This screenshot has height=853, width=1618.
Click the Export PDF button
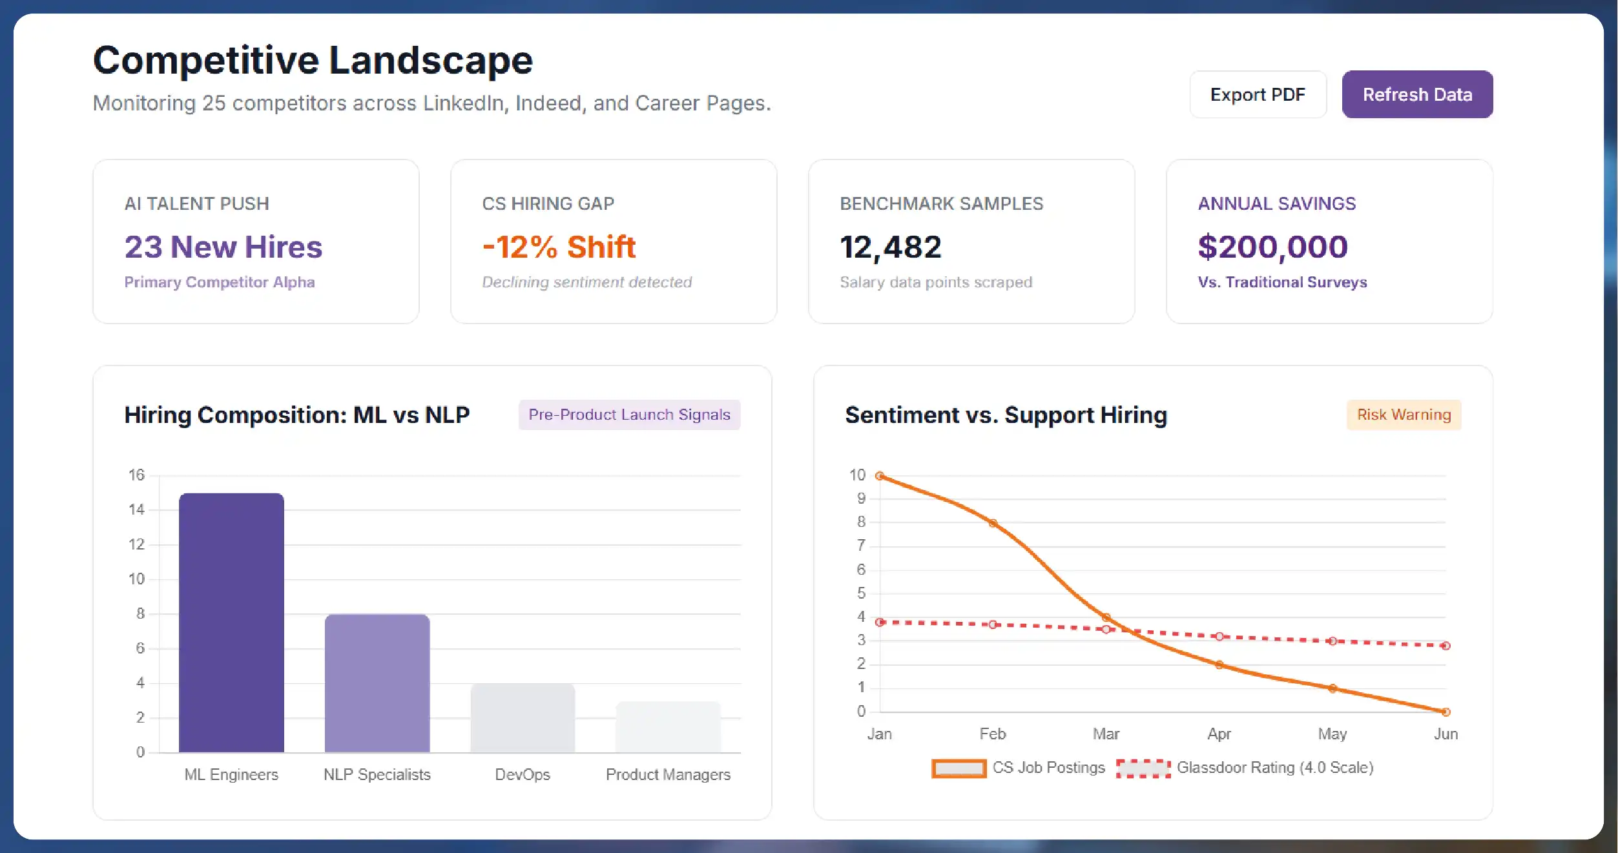1258,95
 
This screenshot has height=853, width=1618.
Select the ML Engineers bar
231,622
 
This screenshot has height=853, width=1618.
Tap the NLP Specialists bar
377,683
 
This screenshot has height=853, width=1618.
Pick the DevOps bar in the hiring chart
523,718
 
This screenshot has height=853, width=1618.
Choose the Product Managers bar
668,727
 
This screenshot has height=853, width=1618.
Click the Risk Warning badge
1404,415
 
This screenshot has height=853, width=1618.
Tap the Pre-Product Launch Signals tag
629,415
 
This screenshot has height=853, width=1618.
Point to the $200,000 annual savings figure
1272,247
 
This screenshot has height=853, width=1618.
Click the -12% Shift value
559,247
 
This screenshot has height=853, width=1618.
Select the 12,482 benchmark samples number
890,247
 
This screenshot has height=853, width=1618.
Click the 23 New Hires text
223,247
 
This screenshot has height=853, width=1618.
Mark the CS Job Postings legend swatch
959,768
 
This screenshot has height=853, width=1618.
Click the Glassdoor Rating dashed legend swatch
1143,768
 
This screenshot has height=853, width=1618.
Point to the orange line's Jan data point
880,476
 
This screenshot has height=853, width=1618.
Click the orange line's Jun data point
1446,712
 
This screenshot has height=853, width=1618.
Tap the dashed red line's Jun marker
1446,646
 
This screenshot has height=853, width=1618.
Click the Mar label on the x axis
1106,734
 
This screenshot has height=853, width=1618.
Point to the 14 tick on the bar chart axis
136,509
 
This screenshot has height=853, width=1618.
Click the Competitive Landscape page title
313,60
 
